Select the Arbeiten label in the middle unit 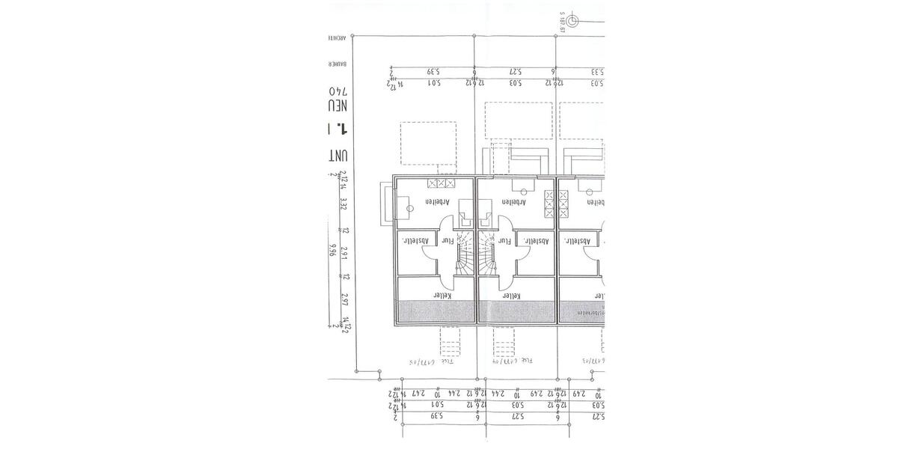513,202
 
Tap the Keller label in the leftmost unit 435,296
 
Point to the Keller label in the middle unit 511,296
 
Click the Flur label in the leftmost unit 448,241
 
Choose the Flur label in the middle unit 505,241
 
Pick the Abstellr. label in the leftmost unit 414,241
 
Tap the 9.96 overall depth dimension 332,249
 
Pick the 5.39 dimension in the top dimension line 433,72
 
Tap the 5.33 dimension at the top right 596,72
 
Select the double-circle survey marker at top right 572,22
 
